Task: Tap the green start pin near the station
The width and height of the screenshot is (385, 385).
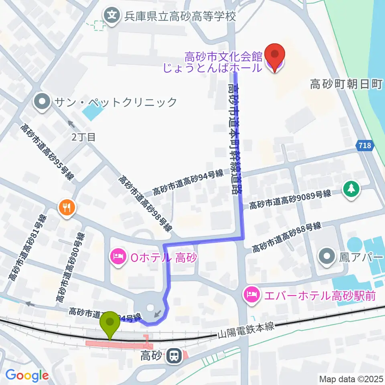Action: (110, 323)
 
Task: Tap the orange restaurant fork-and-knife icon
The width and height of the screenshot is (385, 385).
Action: (66, 207)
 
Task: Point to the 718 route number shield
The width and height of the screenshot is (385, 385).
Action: (365, 146)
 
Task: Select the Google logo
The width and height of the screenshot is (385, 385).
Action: (27, 375)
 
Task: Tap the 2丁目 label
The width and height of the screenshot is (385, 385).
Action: (84, 137)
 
